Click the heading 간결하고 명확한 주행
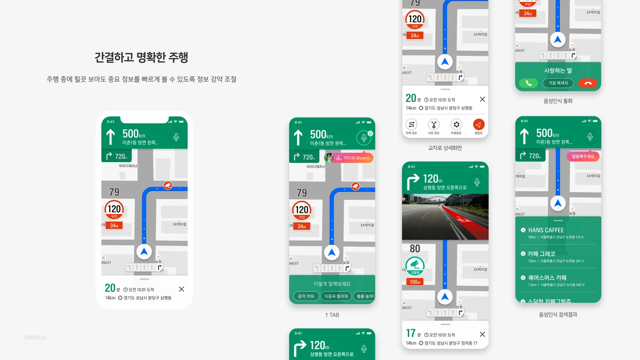[141, 57]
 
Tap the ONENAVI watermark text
[34, 338]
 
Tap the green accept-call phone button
[528, 83]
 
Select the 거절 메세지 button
[558, 83]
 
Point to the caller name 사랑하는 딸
[558, 71]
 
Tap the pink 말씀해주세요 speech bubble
[583, 156]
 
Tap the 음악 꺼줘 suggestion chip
[306, 296]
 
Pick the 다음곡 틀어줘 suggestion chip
[336, 296]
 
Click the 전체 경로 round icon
[411, 125]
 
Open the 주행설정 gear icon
[456, 125]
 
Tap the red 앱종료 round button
[478, 125]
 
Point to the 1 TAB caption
[332, 315]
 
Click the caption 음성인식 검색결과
[558, 315]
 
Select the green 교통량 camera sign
[415, 266]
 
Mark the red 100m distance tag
[415, 282]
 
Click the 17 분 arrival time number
[411, 333]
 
